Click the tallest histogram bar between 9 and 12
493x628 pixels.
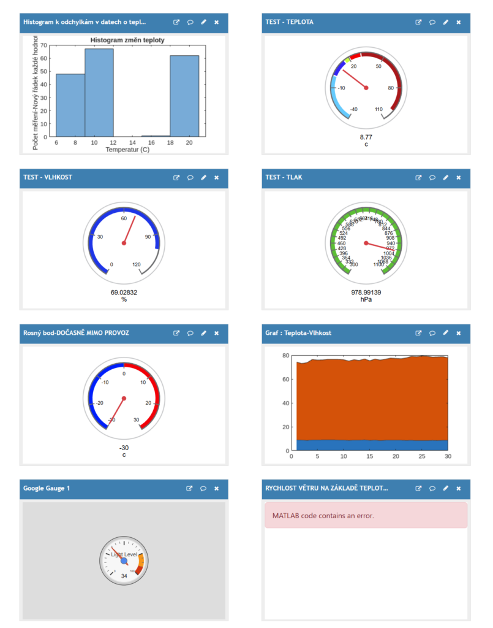coord(99,92)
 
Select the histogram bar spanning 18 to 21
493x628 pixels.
coord(184,96)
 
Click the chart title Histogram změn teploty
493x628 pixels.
coord(127,40)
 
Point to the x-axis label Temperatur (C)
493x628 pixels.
coord(127,149)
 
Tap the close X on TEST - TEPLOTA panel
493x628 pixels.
coord(459,22)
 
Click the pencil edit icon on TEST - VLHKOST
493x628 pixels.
coord(203,178)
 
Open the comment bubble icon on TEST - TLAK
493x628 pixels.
coord(432,178)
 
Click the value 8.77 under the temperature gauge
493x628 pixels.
coord(366,137)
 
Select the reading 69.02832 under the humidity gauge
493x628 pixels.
coord(124,293)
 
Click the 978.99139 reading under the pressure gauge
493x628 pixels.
coord(366,293)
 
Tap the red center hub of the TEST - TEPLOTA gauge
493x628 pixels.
coord(366,88)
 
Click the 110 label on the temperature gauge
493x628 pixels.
coord(380,109)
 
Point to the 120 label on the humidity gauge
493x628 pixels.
coord(137,264)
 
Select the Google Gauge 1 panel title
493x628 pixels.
coord(47,488)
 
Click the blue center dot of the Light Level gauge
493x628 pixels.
coord(124,561)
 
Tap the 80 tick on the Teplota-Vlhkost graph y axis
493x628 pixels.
coord(285,356)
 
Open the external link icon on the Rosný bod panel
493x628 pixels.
coord(176,333)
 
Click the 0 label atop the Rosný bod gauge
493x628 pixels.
coord(124,373)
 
